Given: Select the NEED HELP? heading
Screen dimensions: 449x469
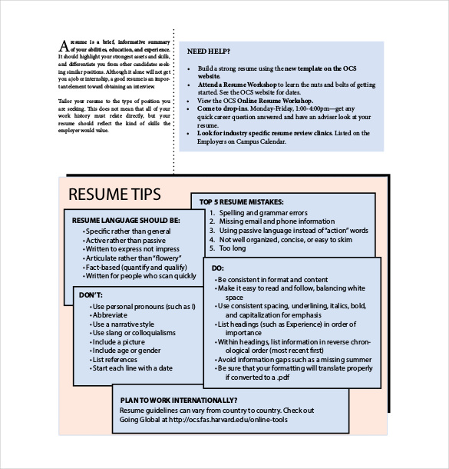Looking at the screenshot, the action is [x=208, y=52].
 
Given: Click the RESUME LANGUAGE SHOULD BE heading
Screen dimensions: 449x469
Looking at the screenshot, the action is [x=126, y=220].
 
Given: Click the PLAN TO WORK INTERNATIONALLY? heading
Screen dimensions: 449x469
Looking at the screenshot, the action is [x=178, y=400].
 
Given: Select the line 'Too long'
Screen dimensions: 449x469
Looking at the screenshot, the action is [x=233, y=248].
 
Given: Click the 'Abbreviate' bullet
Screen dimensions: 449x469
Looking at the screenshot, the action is [x=111, y=315].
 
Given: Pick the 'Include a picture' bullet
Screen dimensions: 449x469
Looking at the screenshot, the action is [x=119, y=341].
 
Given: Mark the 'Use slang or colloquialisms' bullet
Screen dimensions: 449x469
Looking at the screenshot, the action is [x=134, y=333].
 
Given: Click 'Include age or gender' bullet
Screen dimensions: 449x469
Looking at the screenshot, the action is [x=124, y=351].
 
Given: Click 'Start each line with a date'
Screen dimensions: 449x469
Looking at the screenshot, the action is [x=132, y=368].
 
